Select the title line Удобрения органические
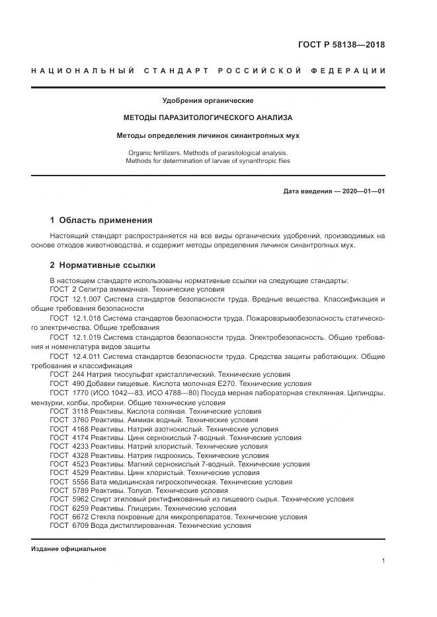coord(208,101)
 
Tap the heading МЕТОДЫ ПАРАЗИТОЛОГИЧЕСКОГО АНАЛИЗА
coord(208,117)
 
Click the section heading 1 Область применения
coord(101,220)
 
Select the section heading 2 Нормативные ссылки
coord(102,265)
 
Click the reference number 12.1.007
coord(86,299)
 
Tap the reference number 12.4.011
coord(86,356)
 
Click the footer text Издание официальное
coord(69,549)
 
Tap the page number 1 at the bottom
coord(383,560)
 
